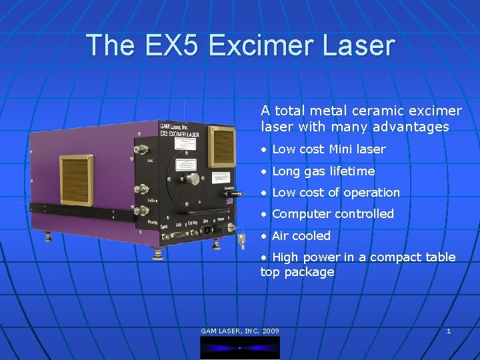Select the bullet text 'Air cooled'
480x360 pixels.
coord(301,235)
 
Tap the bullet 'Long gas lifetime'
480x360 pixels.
coord(323,171)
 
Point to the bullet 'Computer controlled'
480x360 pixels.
coord(333,214)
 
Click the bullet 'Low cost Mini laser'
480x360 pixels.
coord(329,149)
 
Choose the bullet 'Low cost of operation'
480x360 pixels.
coord(336,193)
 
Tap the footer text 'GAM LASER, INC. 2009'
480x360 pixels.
coord(240,331)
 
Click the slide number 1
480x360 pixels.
coord(449,331)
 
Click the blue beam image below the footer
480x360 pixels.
coord(240,347)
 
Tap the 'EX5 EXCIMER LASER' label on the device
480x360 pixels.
coord(179,133)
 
